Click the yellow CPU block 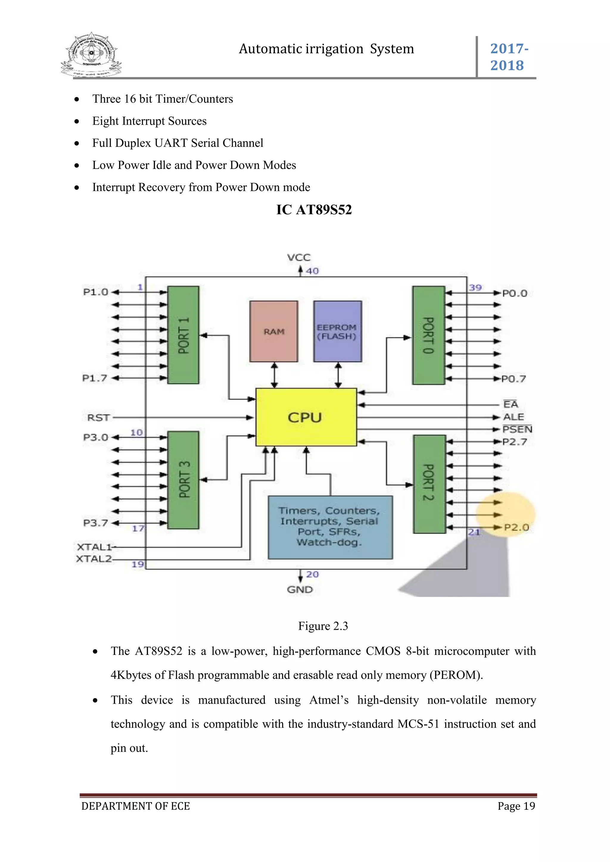306,417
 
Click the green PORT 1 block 183,335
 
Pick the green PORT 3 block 183,480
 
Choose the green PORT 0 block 429,335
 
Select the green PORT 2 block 429,484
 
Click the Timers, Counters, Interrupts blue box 330,527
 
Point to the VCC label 299,257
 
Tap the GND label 300,589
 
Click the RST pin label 98,418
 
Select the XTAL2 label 94,559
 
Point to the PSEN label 517,429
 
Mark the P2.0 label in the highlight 516,527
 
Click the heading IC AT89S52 314,210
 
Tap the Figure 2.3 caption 323,626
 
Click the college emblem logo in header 91,55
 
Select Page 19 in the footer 516,806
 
